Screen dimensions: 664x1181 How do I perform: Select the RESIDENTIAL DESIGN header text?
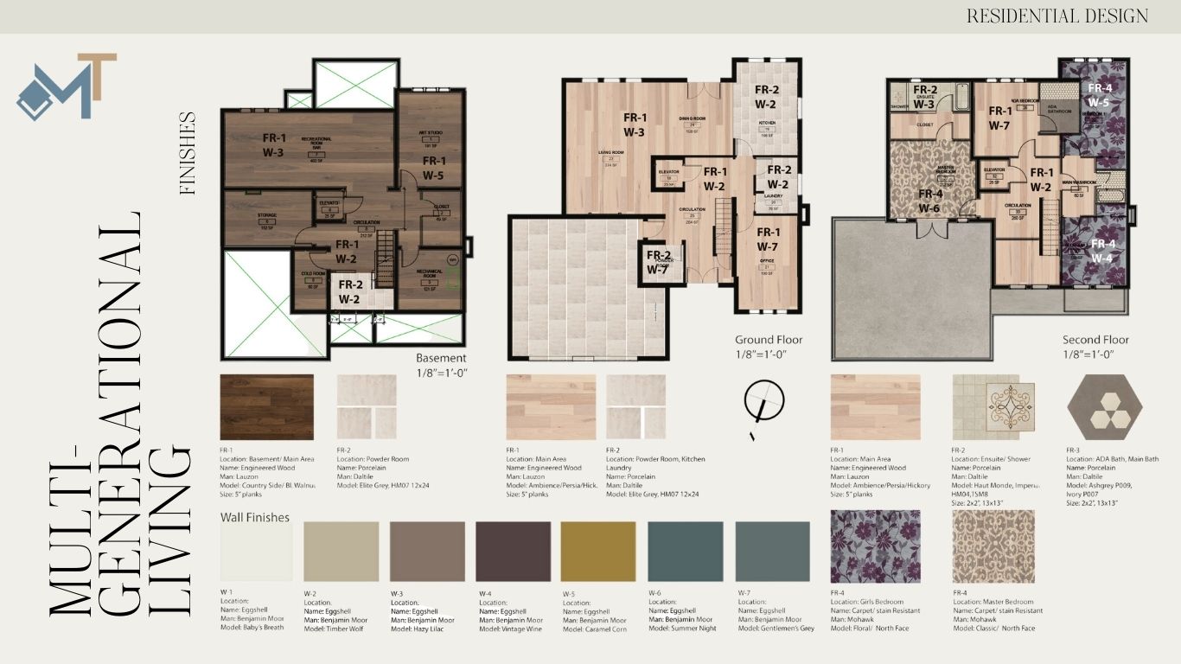tap(1057, 16)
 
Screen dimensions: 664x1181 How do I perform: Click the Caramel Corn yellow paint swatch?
tap(598, 552)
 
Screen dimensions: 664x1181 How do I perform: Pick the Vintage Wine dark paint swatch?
tap(513, 552)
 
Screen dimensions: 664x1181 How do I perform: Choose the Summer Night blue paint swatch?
tap(685, 552)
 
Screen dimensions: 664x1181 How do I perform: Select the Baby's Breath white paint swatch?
tap(256, 552)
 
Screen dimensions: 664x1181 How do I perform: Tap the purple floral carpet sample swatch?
tap(875, 546)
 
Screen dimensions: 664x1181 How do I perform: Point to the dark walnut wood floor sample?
tap(266, 407)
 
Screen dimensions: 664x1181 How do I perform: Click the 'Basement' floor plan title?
tap(441, 358)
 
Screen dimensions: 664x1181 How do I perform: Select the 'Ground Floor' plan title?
tap(769, 340)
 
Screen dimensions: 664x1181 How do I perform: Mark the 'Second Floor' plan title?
tap(1095, 340)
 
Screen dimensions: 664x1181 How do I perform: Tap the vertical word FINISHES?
tap(188, 153)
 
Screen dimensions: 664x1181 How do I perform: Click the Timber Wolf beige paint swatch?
tap(341, 552)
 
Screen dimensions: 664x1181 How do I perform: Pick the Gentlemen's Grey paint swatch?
tap(772, 552)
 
